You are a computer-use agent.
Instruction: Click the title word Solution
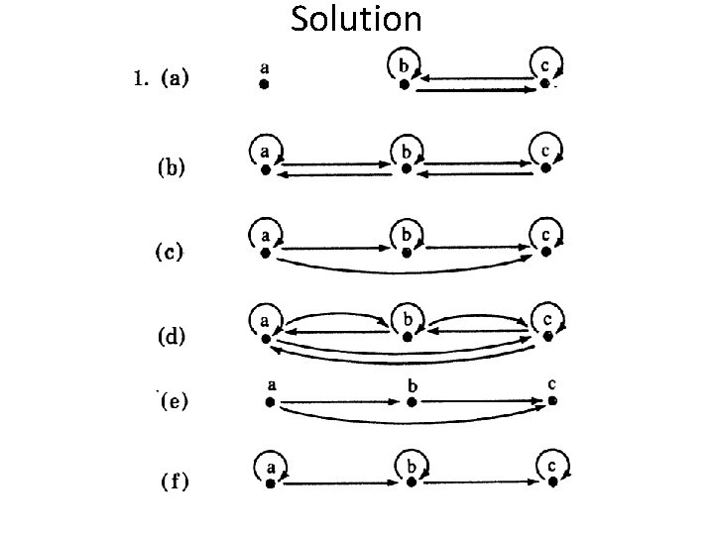[357, 19]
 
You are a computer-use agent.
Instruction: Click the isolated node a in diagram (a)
[264, 85]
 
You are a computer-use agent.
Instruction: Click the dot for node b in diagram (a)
[405, 85]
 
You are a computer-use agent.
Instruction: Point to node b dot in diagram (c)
[405, 254]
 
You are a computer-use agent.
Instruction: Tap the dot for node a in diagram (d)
[266, 338]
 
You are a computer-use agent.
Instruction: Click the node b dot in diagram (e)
[411, 402]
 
